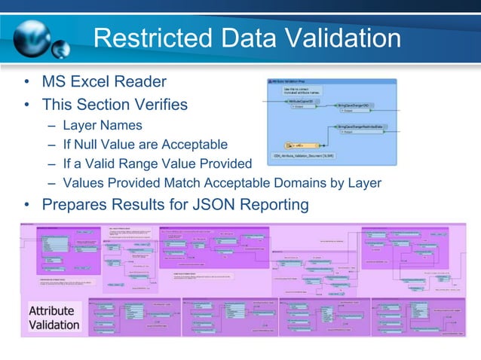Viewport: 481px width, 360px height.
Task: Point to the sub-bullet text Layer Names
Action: [x=103, y=124]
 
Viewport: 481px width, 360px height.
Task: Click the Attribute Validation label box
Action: [x=54, y=317]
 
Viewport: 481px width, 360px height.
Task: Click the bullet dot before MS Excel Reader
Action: [x=26, y=81]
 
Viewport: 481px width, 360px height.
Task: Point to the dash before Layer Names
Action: [x=51, y=125]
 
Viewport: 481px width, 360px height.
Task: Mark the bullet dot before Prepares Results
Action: [x=26, y=205]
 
